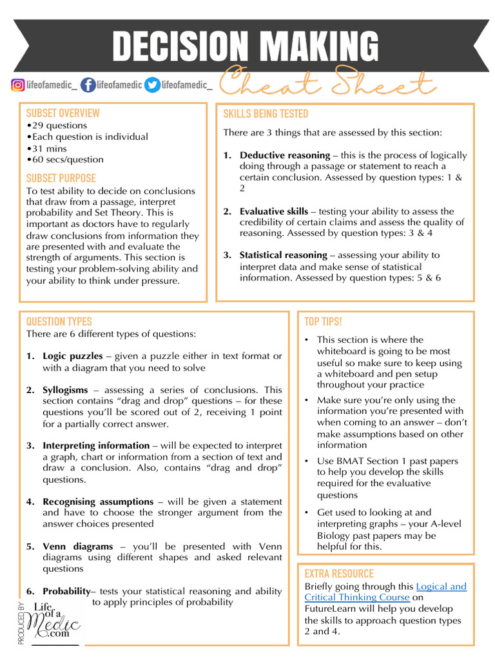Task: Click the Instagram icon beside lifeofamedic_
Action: click(x=18, y=84)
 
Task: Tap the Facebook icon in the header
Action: click(x=87, y=84)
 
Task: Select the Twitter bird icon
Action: click(x=152, y=84)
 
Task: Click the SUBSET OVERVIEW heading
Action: click(x=63, y=113)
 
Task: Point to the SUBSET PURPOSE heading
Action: click(x=61, y=178)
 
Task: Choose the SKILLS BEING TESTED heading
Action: click(x=266, y=114)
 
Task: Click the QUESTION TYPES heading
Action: click(x=59, y=322)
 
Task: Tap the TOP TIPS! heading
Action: click(x=323, y=322)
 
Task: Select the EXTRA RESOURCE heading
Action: click(x=339, y=574)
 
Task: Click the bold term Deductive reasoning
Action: click(x=284, y=155)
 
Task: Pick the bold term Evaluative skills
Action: click(x=274, y=211)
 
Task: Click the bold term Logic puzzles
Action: click(x=73, y=356)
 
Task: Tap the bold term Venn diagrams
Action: click(x=77, y=547)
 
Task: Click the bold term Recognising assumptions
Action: click(x=98, y=501)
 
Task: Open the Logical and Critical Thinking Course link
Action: click(x=441, y=587)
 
